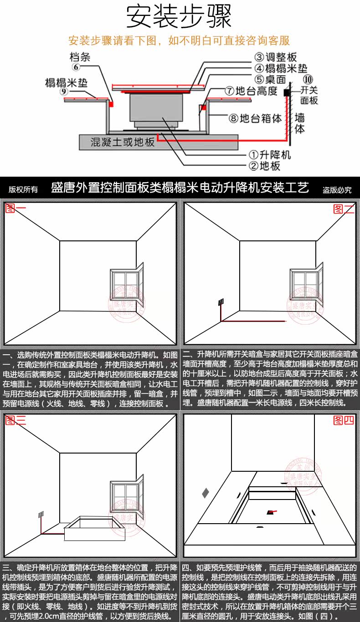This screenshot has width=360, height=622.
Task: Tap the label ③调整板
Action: tap(275, 57)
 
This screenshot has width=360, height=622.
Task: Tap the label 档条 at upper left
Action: tap(80, 57)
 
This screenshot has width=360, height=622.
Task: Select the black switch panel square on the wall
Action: tap(287, 92)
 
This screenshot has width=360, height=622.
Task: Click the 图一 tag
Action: tap(16, 209)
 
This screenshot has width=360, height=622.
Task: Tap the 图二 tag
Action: tap(344, 209)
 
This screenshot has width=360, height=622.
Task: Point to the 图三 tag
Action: tap(16, 420)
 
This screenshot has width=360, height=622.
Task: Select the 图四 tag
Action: tap(344, 420)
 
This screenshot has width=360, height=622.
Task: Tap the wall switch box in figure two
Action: tap(221, 302)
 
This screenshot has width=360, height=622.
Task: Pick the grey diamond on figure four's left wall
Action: tap(206, 492)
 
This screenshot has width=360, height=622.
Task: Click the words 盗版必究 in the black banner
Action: tap(337, 189)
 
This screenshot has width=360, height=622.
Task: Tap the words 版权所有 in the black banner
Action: tap(23, 189)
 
